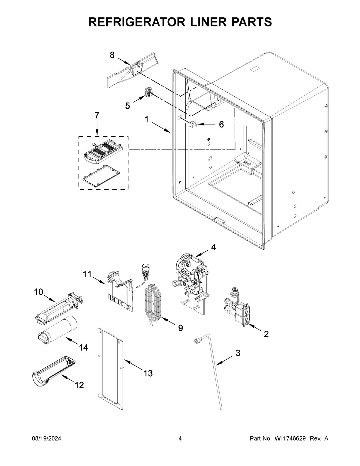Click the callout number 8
click(112, 55)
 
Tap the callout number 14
click(83, 347)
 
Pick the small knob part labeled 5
click(148, 92)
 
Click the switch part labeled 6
click(192, 124)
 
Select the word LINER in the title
click(192, 22)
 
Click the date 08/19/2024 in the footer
click(46, 439)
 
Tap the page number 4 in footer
click(180, 439)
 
